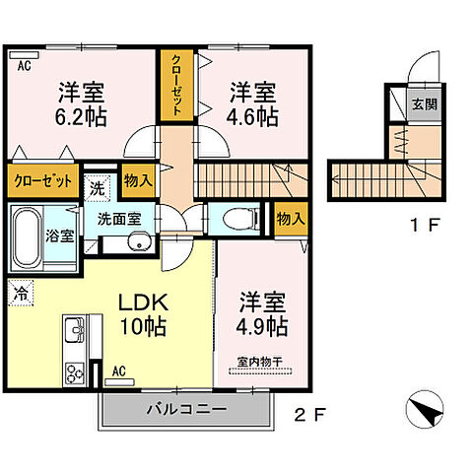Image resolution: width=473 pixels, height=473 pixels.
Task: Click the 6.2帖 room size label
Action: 81,115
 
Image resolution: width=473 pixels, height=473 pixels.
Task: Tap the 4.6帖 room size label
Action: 254,115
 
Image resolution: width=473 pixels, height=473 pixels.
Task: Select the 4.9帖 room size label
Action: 262,324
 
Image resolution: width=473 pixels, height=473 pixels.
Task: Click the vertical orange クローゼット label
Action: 176,86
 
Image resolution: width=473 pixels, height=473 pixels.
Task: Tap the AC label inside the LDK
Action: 118,372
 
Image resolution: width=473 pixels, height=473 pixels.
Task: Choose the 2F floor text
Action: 308,413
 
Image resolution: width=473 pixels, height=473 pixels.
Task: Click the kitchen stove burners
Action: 76,372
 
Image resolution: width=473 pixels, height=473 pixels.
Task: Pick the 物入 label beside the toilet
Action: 288,217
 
